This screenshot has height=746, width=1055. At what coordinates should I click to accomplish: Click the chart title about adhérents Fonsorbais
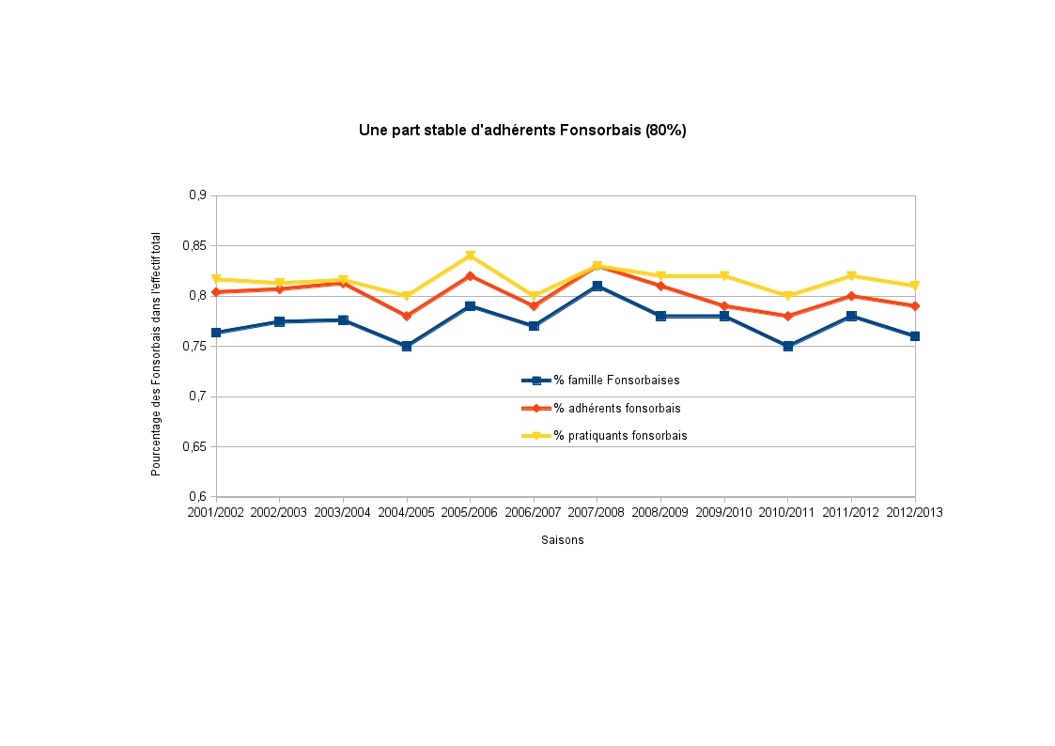522,131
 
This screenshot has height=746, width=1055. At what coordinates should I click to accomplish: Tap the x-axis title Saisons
562,540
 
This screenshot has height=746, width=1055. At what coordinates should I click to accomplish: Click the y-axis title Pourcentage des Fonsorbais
157,354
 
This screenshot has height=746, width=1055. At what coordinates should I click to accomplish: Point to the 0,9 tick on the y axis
196,195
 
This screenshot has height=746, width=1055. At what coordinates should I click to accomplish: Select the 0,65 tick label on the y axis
194,446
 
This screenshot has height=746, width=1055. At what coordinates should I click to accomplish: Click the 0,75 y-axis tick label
194,346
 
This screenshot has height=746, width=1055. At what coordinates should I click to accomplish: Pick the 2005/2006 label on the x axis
470,513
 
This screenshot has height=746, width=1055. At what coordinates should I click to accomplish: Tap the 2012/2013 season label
914,513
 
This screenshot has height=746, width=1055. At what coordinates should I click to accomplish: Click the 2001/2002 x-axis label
216,513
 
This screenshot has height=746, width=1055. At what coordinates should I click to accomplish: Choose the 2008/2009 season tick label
660,513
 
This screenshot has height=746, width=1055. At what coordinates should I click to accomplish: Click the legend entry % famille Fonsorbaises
616,381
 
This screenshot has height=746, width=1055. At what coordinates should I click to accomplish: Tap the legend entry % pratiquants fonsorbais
620,436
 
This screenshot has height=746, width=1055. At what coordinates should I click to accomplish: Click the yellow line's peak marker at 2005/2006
470,256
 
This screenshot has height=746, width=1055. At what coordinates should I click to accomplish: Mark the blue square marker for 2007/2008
597,286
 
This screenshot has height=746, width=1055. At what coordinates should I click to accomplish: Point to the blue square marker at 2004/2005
407,346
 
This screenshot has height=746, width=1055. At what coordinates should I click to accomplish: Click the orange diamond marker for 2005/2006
470,275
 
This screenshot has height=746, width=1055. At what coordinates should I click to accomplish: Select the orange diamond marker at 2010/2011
787,316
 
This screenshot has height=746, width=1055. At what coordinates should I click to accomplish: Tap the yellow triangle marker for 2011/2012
851,275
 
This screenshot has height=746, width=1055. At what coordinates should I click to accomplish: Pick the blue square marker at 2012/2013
914,336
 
